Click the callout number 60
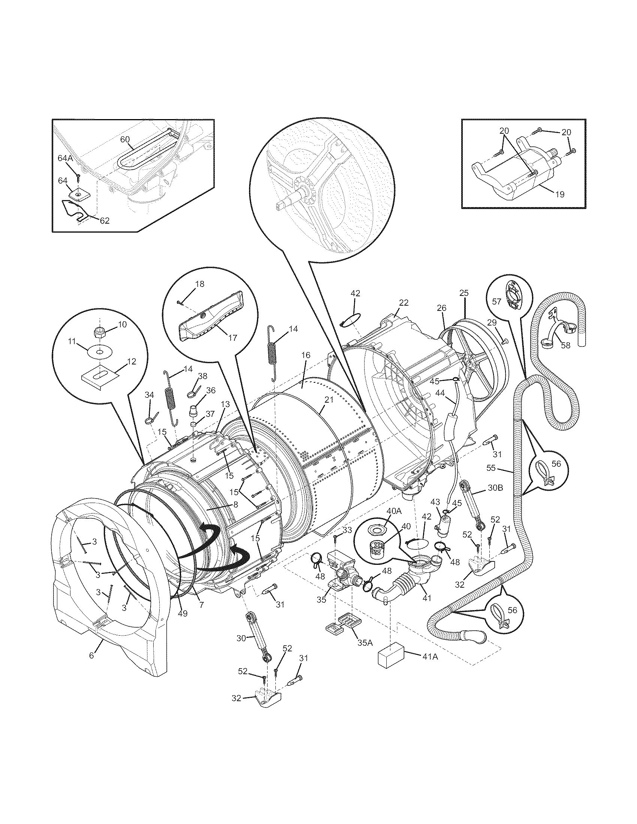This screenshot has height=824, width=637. [x=125, y=139]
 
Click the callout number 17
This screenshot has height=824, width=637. [x=232, y=338]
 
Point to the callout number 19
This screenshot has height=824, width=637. [x=560, y=194]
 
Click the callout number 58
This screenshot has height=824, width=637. [x=565, y=345]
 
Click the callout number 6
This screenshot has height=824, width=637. [x=91, y=655]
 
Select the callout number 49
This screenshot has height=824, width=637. [x=182, y=614]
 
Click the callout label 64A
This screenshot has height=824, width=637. [x=65, y=158]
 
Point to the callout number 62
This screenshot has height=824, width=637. [x=104, y=221]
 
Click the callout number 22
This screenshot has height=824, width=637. [x=404, y=302]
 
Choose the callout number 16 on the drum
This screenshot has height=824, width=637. [x=306, y=355]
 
